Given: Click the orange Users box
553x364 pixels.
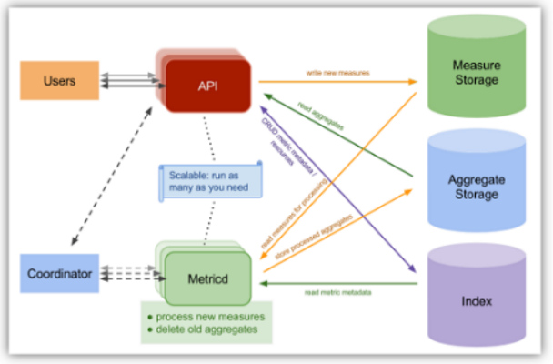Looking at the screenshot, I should pos(59,81).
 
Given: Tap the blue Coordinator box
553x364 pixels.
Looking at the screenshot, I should pos(60,273).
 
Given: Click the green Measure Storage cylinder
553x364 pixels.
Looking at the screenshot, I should pos(475,73).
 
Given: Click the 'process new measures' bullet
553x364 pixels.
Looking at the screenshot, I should pos(196,315).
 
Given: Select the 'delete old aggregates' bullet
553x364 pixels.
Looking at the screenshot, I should pos(196,329).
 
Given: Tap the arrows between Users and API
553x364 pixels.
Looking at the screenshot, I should pos(126,81).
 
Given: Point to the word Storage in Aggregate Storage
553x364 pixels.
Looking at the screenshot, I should pos(476,194).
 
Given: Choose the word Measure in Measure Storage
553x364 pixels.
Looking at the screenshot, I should pos(476,65).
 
